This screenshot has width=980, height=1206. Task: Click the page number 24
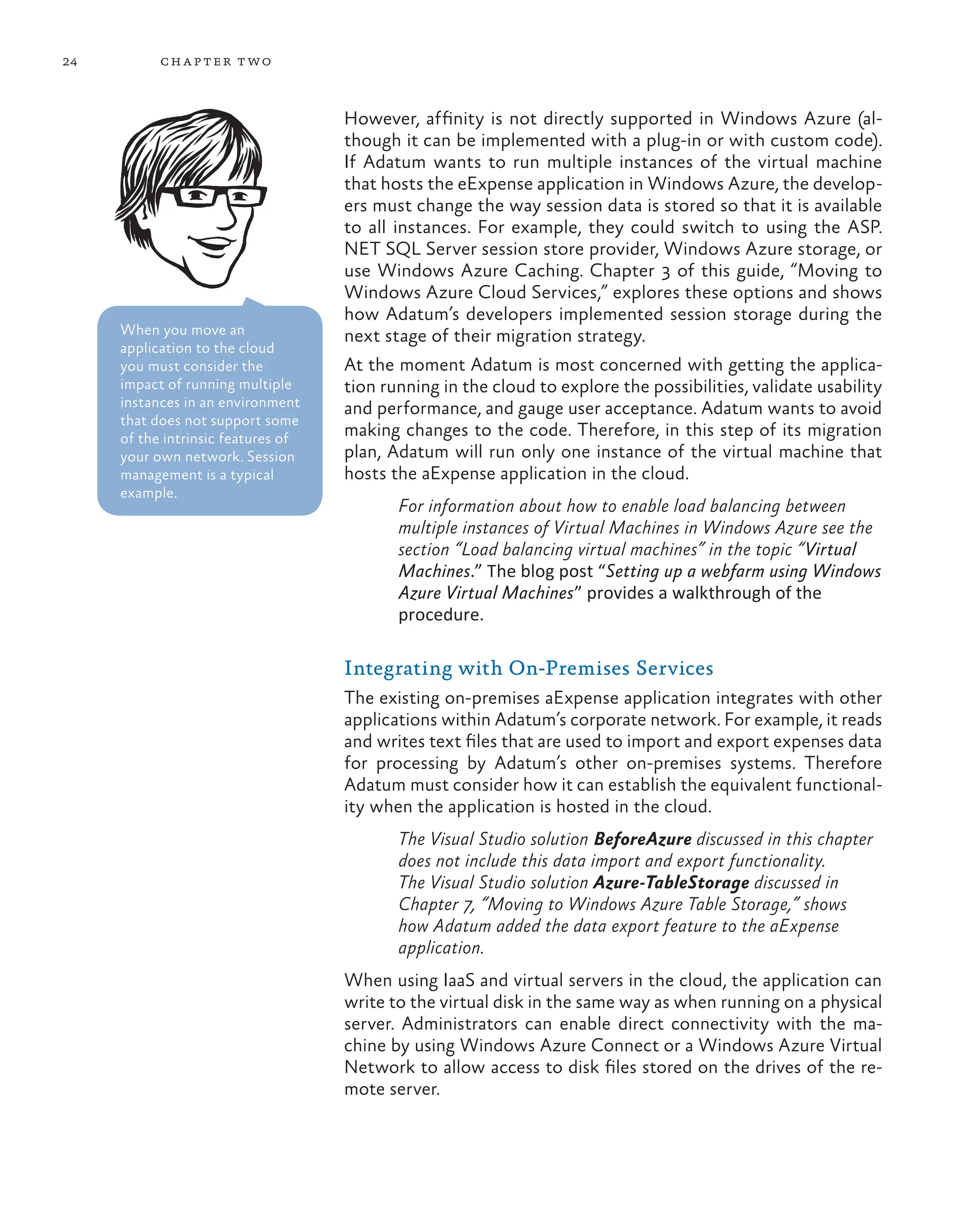[x=69, y=62]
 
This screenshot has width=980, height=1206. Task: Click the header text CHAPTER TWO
[x=216, y=62]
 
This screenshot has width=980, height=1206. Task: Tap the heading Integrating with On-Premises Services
[x=528, y=668]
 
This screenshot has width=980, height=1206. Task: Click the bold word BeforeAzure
[x=643, y=839]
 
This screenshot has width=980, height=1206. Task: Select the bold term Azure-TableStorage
[x=671, y=882]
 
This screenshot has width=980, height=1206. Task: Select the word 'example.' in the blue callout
[x=148, y=493]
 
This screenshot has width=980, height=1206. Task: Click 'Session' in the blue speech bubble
[x=270, y=457]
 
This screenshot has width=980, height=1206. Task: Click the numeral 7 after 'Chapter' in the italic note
[x=468, y=905]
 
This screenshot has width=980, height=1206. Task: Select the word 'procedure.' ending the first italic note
[x=440, y=615]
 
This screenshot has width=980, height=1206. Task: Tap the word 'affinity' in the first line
[x=455, y=119]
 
